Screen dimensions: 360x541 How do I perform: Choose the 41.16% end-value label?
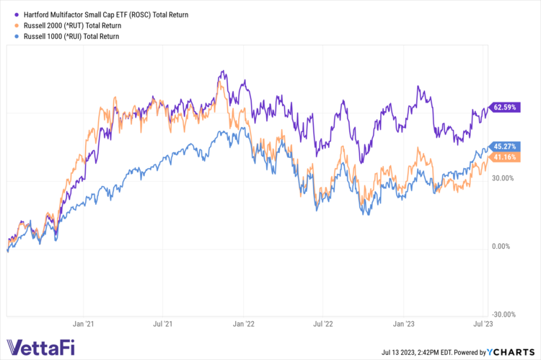(504, 157)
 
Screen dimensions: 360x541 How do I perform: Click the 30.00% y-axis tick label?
(503, 178)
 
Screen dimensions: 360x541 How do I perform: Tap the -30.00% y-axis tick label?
(503, 315)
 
